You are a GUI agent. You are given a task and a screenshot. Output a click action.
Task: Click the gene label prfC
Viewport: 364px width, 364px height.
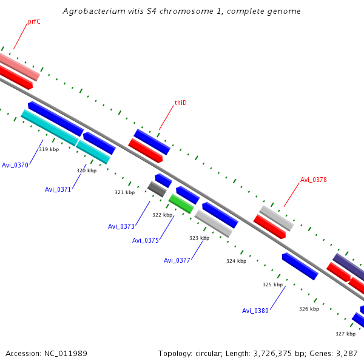click(34, 22)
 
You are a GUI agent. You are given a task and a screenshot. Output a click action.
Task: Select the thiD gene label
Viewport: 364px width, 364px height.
click(180, 103)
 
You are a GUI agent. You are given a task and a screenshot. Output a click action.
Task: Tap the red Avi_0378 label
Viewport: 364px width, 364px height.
click(314, 180)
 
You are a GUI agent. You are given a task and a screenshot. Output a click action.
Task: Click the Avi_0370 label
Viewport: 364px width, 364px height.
click(15, 165)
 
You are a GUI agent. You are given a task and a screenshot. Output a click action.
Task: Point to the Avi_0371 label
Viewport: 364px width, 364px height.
click(58, 189)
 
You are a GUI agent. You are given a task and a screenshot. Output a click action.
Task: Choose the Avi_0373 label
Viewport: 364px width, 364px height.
click(121, 226)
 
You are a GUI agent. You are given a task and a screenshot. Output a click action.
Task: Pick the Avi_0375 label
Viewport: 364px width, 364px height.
click(146, 240)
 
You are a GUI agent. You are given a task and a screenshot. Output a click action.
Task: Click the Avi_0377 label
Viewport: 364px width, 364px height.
click(177, 260)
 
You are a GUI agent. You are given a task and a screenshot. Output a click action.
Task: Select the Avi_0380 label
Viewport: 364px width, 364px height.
click(255, 311)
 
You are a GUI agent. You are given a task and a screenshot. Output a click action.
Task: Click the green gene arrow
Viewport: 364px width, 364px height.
click(181, 203)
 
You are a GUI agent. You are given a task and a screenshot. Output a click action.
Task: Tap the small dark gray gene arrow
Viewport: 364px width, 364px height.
click(157, 189)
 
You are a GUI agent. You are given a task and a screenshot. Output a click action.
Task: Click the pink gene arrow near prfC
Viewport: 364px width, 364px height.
click(18, 66)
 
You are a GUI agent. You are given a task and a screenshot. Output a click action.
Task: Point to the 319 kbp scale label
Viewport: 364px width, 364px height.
click(49, 149)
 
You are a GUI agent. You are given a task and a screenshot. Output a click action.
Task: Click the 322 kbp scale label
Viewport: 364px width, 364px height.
click(162, 215)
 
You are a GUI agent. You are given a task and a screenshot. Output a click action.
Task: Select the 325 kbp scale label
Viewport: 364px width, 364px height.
click(273, 285)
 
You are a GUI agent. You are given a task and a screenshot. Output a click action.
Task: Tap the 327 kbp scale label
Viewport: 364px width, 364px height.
click(345, 334)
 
